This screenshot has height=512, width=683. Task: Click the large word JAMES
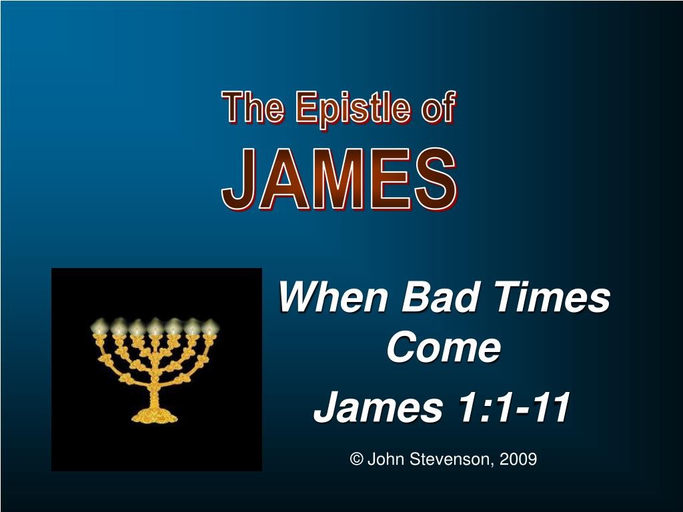point(339,179)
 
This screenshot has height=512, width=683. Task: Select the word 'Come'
point(444,347)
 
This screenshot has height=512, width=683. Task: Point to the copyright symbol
point(356,459)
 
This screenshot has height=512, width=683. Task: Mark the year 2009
point(518,459)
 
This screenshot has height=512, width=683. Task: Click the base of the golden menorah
point(155,416)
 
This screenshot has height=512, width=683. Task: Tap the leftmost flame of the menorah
point(100,325)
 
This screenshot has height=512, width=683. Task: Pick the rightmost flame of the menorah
point(210,327)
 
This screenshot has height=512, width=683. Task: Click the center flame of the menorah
point(155,326)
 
